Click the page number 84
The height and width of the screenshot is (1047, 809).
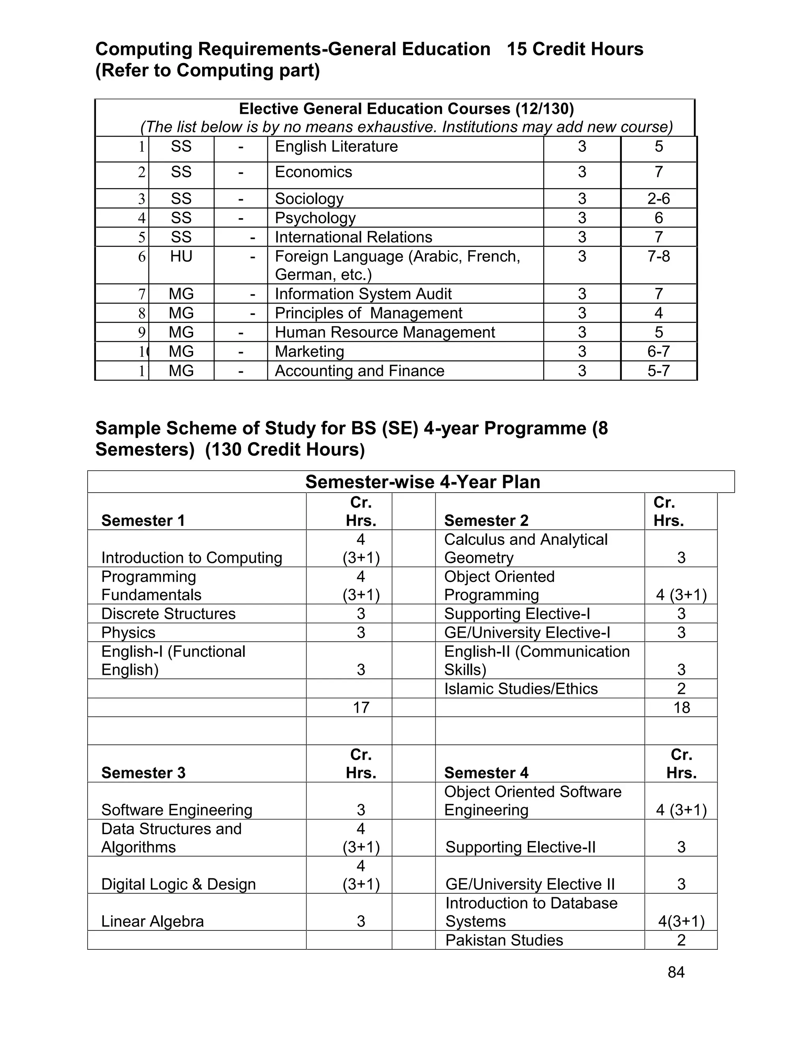[676, 972]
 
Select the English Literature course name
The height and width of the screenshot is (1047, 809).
[336, 146]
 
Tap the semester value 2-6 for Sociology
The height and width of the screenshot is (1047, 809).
[658, 198]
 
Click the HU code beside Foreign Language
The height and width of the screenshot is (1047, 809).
[181, 256]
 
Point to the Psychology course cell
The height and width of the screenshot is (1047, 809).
[315, 218]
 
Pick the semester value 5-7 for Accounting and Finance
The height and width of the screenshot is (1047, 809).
[658, 371]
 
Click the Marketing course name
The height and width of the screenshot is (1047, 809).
[309, 351]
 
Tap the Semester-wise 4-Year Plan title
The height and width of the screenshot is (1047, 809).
[422, 482]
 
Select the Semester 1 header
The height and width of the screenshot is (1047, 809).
[143, 520]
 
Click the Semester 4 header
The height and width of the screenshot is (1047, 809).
[486, 773]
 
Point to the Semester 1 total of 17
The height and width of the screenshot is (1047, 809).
[361, 707]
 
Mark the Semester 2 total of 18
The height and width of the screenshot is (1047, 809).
[681, 707]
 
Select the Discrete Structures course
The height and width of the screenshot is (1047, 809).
[168, 614]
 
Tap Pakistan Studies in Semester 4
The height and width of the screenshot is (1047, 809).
[504, 940]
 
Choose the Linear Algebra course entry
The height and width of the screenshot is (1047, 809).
[152, 921]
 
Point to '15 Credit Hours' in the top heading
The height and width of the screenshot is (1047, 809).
[575, 49]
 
